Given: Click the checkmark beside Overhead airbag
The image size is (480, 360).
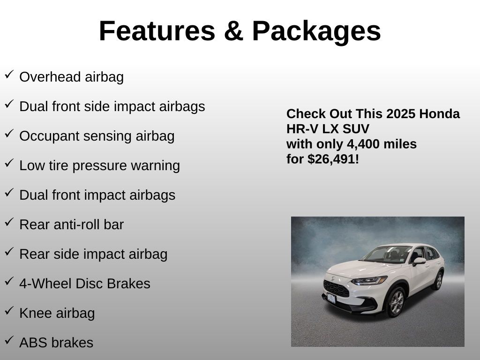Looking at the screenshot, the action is pos(9,75).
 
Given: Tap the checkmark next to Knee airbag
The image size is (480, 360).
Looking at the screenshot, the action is pos(9,310).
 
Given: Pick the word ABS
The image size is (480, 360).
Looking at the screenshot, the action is pos(33,343).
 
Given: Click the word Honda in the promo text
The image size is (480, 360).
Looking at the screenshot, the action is pos(439,114).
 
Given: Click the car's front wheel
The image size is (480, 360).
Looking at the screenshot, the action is pos(397,302).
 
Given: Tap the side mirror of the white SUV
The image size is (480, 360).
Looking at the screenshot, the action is pos(419,262).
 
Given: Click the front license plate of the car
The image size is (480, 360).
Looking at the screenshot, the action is pos(331,298).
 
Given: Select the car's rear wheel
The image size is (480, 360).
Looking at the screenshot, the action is pos(438,280).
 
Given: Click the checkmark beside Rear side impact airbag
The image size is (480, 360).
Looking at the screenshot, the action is pos(9,251).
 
